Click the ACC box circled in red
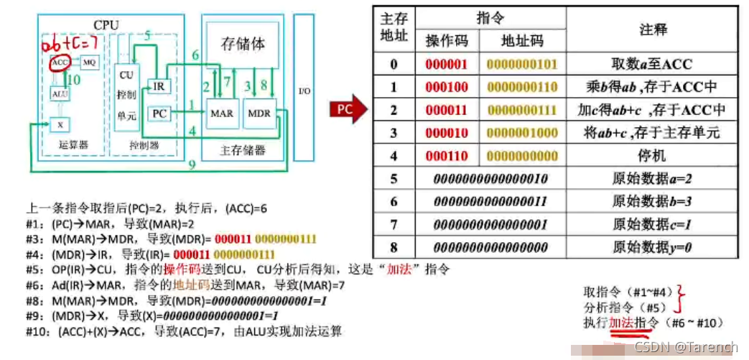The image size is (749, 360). point(60,63)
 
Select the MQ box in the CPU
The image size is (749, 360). point(90,62)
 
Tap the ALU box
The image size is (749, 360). point(60,93)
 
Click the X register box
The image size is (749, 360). point(60,124)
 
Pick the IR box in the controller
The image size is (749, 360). point(159,86)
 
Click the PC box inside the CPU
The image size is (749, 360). point(159,114)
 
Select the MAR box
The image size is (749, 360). point(221,114)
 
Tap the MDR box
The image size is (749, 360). point(259,114)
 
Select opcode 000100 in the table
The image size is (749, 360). point(446,88)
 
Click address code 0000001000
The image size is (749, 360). point(522,133)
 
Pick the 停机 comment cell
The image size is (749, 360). point(652,155)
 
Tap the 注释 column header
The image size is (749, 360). point(653,29)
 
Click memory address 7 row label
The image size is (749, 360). point(394,223)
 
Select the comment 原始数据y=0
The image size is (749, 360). point(652,246)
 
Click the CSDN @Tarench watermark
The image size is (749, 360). point(686,347)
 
